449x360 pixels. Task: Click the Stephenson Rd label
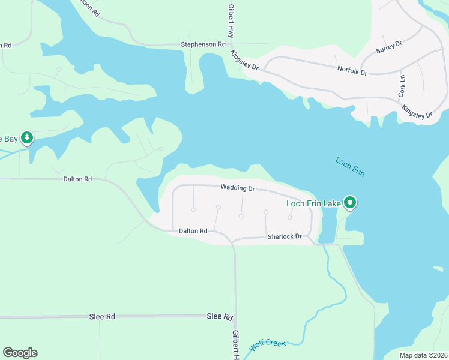(203, 44)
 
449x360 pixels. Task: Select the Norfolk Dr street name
(351, 71)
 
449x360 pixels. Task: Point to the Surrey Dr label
(389, 47)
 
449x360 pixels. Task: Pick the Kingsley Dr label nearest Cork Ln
(417, 112)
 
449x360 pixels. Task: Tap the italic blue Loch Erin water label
(350, 167)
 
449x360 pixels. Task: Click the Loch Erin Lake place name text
(313, 203)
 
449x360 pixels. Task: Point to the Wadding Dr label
(238, 188)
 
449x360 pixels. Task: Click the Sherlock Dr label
(284, 236)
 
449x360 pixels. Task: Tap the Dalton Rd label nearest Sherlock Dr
(193, 230)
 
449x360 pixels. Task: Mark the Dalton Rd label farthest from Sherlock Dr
(78, 179)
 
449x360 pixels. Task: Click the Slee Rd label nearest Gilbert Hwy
(220, 316)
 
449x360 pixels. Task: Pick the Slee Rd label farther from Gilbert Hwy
(102, 316)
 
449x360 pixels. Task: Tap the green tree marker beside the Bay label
(26, 138)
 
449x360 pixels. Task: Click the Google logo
(20, 353)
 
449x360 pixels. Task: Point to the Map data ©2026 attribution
(423, 355)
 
